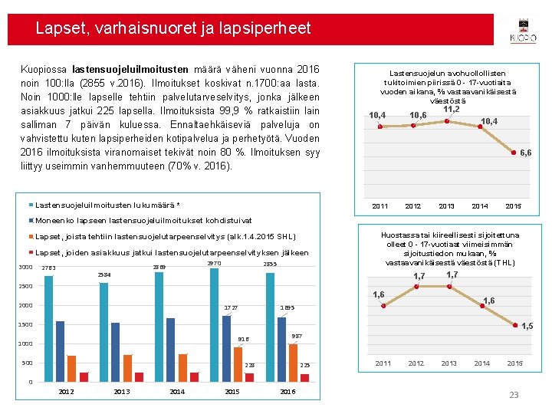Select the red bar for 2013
pos(140,376)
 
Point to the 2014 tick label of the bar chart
pos(177,392)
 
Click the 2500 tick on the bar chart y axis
pos(27,287)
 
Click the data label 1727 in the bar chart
pos(231,308)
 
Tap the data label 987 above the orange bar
pos(297,336)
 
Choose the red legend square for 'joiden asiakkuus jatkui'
pos(31,252)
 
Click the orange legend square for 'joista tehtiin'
pos(31,236)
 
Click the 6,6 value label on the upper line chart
pos(525,153)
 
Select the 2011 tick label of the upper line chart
pos(380,206)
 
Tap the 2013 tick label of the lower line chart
pos(449,363)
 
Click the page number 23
pos(514,395)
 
